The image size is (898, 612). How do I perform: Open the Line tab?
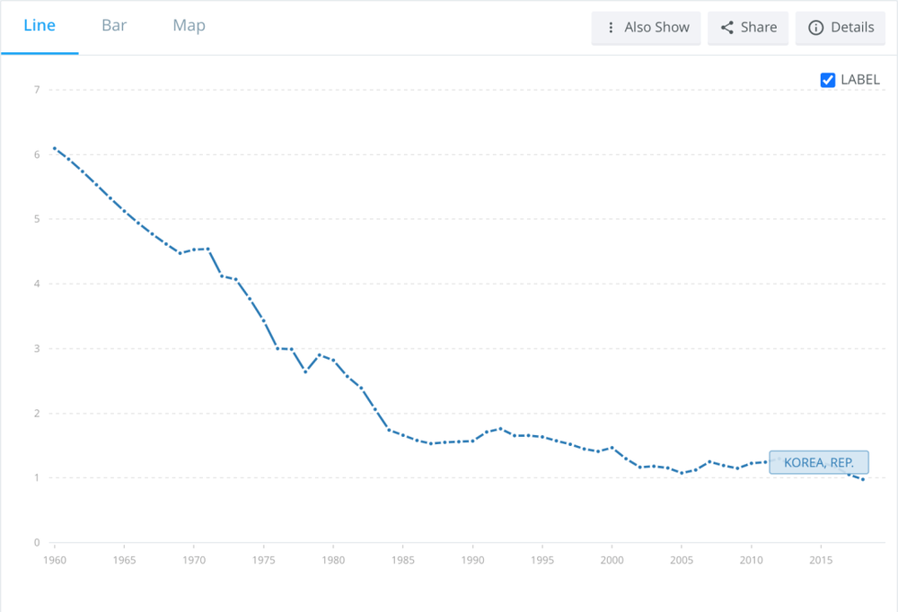[40, 25]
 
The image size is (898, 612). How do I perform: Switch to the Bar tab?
[114, 25]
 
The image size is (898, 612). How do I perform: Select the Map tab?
[189, 25]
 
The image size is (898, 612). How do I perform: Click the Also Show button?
[646, 28]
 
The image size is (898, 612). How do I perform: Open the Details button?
[841, 28]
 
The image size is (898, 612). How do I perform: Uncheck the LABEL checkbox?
[828, 80]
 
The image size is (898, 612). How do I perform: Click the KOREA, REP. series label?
[818, 463]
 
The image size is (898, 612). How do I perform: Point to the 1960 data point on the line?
[55, 148]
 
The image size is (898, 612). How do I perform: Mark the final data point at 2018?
[863, 479]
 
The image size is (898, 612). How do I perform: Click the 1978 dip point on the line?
[305, 371]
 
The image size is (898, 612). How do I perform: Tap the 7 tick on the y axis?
[37, 90]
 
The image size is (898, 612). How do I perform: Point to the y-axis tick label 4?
[37, 284]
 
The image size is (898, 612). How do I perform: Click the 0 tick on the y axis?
[37, 543]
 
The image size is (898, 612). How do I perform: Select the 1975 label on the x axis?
[263, 561]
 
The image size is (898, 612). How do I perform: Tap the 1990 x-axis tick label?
[472, 561]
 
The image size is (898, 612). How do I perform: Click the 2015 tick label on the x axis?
[821, 561]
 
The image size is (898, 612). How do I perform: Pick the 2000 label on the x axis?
[612, 561]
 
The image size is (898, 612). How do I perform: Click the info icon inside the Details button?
[816, 28]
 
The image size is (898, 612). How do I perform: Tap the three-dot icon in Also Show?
[611, 28]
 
